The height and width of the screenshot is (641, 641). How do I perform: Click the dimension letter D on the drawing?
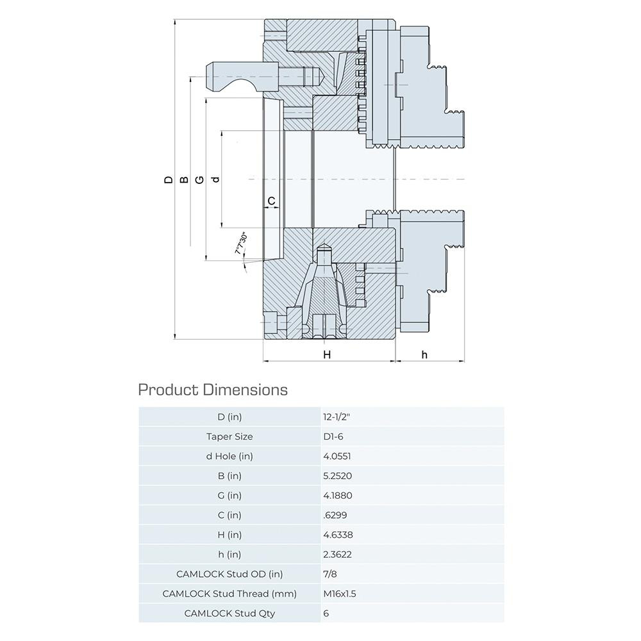(169, 180)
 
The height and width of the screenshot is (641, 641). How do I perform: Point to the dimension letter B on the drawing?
(184, 180)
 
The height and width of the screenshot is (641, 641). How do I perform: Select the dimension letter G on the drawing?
(199, 180)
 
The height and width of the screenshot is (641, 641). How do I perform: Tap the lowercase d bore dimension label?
(215, 179)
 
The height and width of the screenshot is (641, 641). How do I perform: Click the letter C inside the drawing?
(271, 201)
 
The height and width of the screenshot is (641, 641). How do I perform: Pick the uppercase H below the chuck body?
(326, 354)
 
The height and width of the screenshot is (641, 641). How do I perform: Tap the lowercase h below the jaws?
(424, 354)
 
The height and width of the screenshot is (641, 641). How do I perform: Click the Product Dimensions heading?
(213, 389)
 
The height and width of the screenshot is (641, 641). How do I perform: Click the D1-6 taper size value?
(334, 437)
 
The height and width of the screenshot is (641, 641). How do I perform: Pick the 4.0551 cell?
(337, 456)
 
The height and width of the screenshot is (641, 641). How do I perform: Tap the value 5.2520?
(338, 476)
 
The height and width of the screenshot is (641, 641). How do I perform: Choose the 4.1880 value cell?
(338, 495)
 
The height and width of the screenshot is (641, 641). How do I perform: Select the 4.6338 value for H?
(338, 535)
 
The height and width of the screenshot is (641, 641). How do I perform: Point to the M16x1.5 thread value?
(340, 594)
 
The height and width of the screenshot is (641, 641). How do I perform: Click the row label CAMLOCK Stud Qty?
(229, 613)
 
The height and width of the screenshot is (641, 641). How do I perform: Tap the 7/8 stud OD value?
(330, 574)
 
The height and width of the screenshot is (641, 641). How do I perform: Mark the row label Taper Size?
(229, 437)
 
